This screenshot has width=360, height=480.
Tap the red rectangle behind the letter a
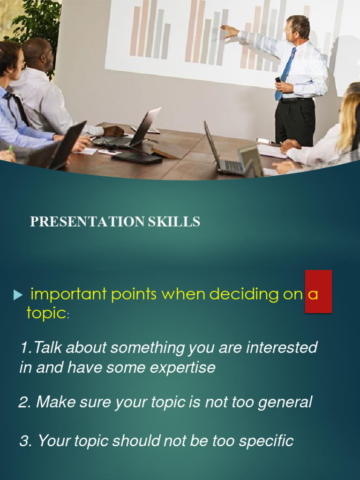coord(319,291)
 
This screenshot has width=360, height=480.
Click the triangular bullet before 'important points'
coord(18,295)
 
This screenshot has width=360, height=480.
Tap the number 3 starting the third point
coord(24,441)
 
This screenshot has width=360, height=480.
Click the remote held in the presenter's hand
coord(278,80)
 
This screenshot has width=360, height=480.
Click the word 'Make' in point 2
coord(53,402)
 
